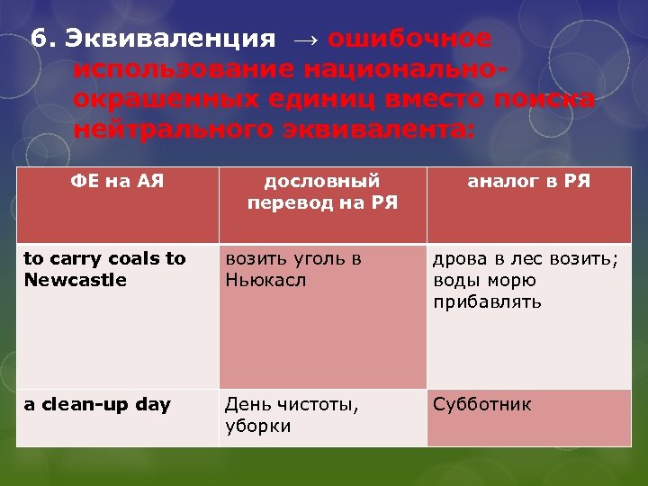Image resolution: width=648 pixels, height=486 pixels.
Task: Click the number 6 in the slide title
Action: [38, 39]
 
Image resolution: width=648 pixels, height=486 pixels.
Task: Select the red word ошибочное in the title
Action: [409, 39]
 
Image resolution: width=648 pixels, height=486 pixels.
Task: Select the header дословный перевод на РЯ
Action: [322, 191]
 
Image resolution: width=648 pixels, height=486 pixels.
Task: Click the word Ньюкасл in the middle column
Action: [265, 280]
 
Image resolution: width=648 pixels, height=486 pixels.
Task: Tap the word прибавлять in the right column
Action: [487, 301]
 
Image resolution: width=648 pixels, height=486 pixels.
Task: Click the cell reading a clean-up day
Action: [97, 404]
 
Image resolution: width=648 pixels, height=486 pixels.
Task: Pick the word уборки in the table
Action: [258, 426]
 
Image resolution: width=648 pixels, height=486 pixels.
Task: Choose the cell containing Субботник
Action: [482, 404]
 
